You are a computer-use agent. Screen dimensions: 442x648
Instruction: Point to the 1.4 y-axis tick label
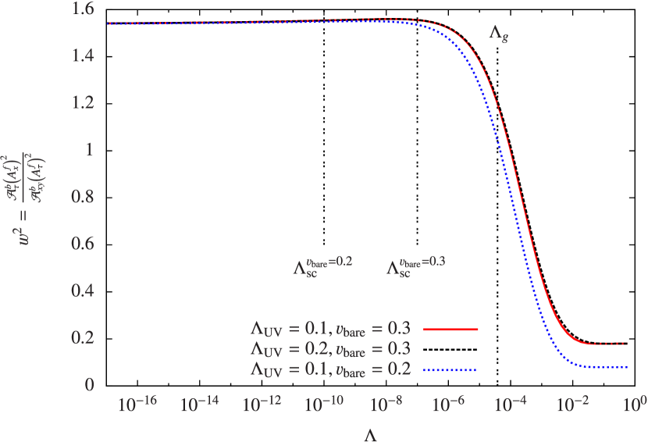point(83,55)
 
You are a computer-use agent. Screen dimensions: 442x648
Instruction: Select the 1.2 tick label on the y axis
point(83,102)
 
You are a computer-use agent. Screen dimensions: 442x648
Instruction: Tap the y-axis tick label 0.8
point(83,197)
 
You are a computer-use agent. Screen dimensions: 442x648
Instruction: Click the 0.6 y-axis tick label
point(83,244)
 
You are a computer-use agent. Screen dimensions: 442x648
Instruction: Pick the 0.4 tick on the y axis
point(83,291)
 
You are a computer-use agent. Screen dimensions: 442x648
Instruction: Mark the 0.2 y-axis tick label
point(83,337)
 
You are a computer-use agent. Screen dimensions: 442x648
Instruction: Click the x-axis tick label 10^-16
point(137,405)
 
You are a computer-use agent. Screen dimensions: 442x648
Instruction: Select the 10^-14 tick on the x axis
point(199,405)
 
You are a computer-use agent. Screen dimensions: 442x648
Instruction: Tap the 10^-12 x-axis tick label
point(262,405)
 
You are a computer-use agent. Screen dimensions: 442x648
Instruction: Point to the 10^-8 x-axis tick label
point(386,405)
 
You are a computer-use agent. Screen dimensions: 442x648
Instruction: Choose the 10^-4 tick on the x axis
point(511,405)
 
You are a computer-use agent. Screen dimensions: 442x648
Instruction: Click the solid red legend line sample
point(449,330)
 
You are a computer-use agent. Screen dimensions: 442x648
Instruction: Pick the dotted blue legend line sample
point(449,369)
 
